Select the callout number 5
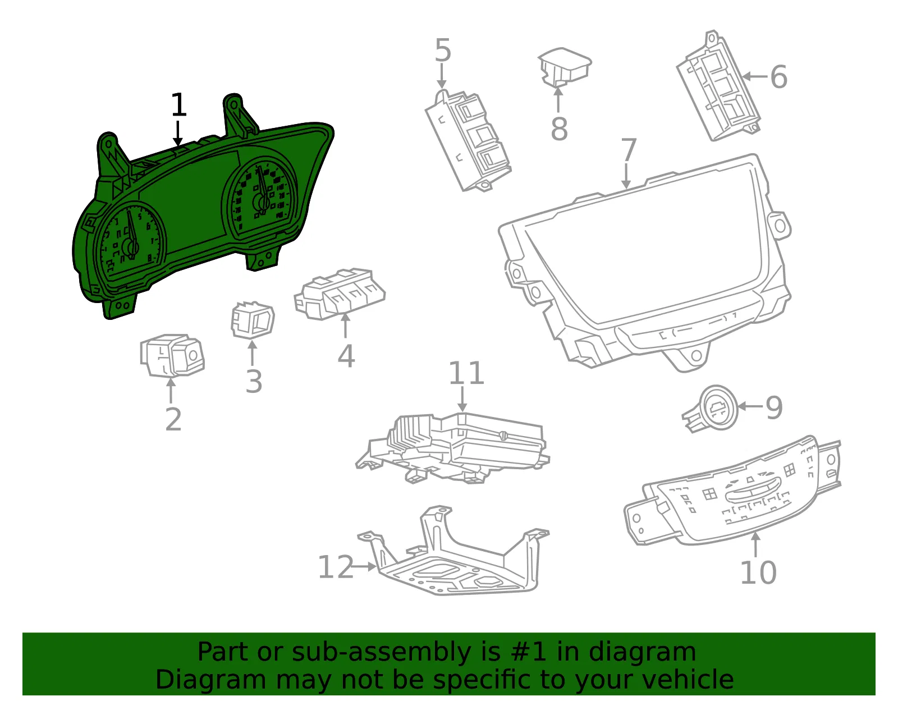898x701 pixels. pos(443,50)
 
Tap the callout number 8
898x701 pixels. pos(559,128)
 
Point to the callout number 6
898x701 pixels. pos(779,77)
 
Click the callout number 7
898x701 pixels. pos(629,149)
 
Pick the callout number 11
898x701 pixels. pos(466,373)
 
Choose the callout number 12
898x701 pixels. pos(336,567)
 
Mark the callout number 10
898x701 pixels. pos(758,572)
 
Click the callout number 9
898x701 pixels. pos(774,407)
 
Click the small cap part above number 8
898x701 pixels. pos(565,67)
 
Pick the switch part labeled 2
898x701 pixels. pos(172,356)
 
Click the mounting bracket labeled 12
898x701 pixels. pos(453,550)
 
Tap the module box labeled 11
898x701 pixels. pos(452,448)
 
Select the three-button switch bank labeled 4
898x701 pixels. pos(340,294)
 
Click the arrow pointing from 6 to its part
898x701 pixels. pos(755,76)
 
